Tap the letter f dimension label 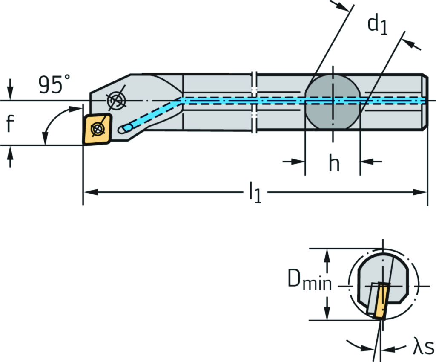(10, 124)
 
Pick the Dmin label (309, 281)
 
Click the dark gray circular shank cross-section (333, 101)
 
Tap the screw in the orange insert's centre (98, 128)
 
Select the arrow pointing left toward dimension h (369, 162)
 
